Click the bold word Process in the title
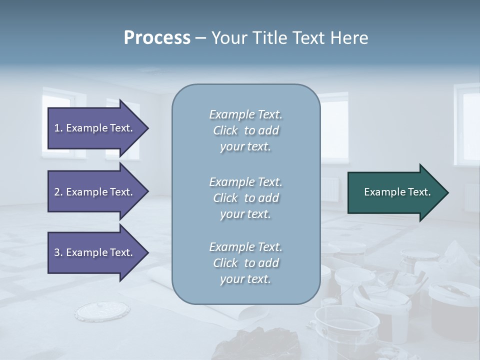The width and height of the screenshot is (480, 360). click(x=157, y=38)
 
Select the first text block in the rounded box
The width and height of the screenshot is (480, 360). click(x=245, y=130)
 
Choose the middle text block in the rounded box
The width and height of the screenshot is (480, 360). click(x=245, y=198)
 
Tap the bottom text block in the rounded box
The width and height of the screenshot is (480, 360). click(x=245, y=263)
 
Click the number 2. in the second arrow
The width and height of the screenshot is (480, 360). click(x=58, y=192)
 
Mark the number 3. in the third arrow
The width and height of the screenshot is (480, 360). click(x=58, y=252)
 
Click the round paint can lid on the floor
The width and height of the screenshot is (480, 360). click(x=102, y=311)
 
